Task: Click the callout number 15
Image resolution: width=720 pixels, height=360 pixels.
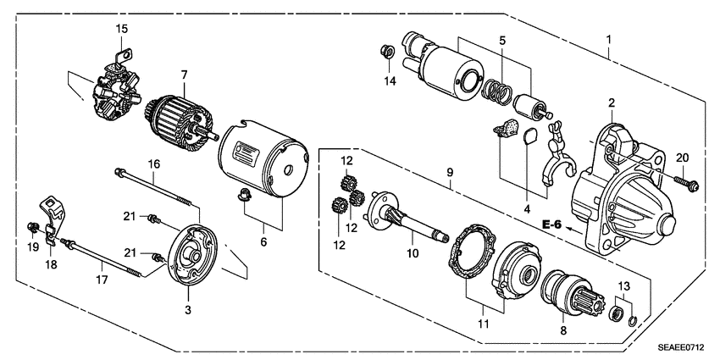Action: [121, 29]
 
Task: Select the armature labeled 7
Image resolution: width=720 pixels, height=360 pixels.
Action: [174, 118]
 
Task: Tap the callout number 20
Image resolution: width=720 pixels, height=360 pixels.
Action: [684, 156]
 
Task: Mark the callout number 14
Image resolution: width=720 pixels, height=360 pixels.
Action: [390, 81]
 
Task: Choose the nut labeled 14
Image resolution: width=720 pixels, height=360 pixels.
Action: [386, 53]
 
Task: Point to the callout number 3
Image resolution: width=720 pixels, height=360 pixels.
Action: [187, 311]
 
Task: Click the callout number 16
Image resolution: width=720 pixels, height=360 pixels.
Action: [154, 163]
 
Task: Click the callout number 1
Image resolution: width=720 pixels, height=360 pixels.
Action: [608, 39]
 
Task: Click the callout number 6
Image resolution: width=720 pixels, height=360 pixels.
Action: [263, 241]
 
